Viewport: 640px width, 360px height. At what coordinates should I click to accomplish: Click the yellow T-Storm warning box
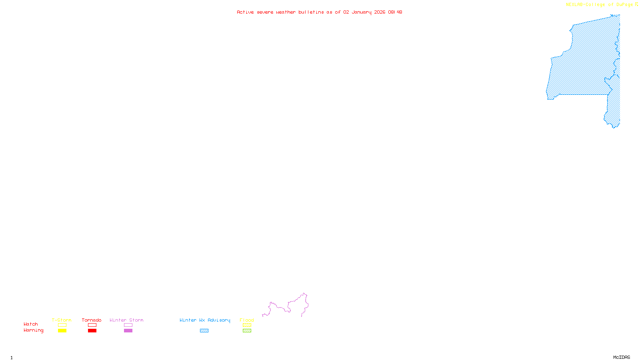click(62, 331)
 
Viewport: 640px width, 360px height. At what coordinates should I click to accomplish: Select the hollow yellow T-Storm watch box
click(62, 325)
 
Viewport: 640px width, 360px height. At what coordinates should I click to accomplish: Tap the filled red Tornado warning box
click(92, 331)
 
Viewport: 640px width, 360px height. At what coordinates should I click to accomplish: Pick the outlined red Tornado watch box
click(92, 325)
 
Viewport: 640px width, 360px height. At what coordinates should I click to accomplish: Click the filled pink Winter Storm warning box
click(128, 331)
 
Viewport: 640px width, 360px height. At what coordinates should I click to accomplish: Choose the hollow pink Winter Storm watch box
click(128, 325)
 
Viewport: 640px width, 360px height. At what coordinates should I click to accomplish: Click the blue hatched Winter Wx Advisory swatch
click(204, 331)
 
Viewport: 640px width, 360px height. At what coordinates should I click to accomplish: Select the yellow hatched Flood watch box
click(247, 325)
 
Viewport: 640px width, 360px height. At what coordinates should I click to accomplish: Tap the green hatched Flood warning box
click(247, 331)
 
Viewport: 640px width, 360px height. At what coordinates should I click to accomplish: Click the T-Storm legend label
click(62, 320)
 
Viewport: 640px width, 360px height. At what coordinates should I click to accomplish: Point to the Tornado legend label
click(92, 320)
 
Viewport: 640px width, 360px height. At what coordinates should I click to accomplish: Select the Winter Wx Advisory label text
click(205, 320)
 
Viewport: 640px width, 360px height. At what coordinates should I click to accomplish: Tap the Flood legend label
click(247, 320)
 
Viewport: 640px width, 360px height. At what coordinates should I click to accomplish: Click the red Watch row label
click(31, 324)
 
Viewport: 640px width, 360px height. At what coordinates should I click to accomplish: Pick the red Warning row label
click(33, 330)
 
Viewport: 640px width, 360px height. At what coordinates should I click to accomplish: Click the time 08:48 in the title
click(395, 12)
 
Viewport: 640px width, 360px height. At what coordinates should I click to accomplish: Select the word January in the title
click(362, 12)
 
